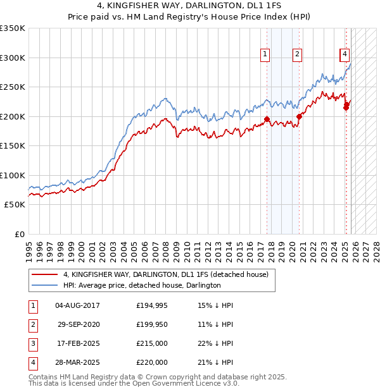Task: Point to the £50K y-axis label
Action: coord(14,204)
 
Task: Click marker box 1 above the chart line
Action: coord(265,55)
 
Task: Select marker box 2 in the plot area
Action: coord(297,55)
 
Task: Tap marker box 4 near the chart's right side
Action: coord(345,55)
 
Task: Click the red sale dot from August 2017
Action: coord(267,119)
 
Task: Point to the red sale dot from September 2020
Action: coord(300,116)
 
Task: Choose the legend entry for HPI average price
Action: coord(141,285)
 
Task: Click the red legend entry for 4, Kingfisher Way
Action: coord(166,274)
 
